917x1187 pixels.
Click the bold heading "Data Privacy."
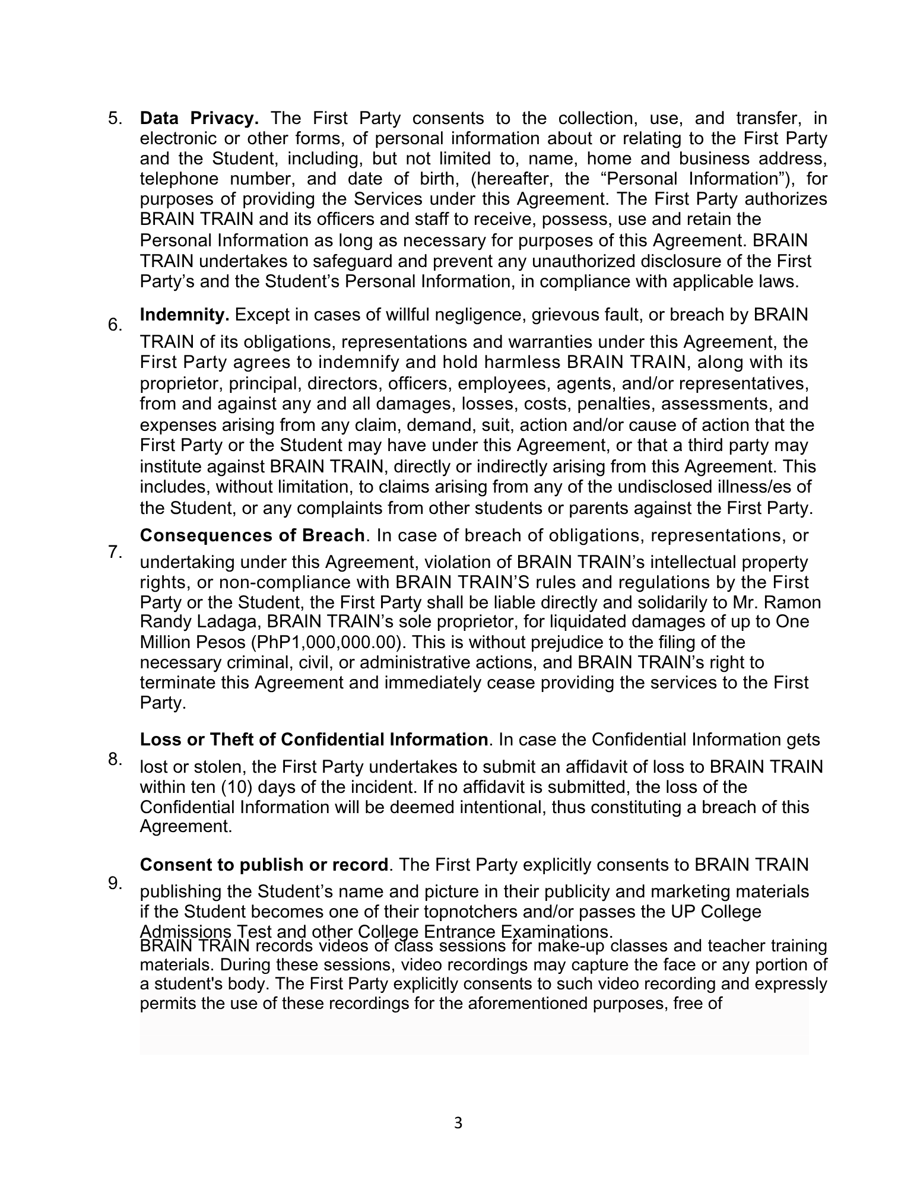199,118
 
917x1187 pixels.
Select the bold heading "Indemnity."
185,315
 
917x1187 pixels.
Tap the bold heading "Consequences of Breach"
252,535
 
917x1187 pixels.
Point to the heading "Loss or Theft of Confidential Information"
314,740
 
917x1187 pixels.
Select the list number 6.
115,325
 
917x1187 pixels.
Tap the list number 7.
115,552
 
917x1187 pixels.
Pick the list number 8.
115,759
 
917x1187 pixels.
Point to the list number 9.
115,884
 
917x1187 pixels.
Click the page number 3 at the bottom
458,1123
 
